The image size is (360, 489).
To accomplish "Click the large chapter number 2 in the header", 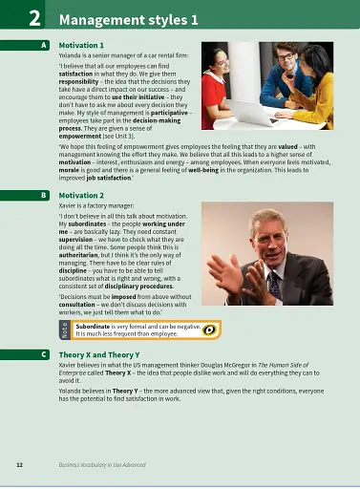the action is point(33,17).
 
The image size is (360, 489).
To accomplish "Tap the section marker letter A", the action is point(45,45).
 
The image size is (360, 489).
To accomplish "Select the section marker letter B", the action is point(45,195).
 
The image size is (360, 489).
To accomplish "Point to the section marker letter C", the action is point(45,353).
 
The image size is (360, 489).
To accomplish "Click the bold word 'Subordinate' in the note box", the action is point(95,326).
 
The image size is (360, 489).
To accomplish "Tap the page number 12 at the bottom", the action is point(19,463).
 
